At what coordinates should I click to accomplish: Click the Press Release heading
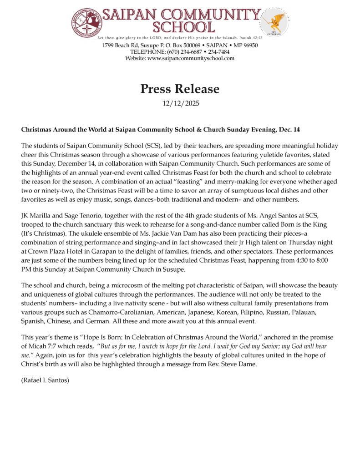tap(180, 89)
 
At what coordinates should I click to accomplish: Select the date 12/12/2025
tap(180, 103)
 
